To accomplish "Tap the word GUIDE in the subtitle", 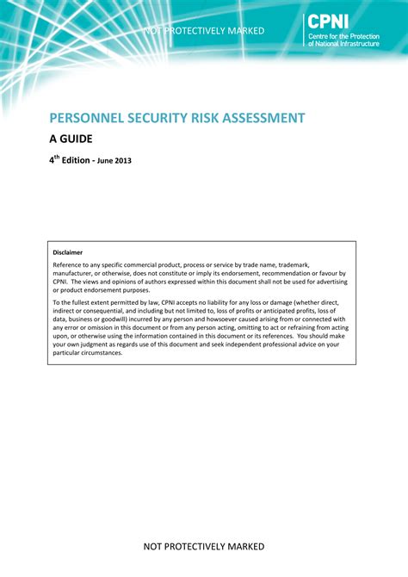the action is (77, 138).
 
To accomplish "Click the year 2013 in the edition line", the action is (121, 160).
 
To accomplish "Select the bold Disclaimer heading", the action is (68, 252).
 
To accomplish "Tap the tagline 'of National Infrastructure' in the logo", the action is (343, 43).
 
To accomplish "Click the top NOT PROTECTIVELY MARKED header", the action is (204, 31).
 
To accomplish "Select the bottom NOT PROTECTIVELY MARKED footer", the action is (204, 546).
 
